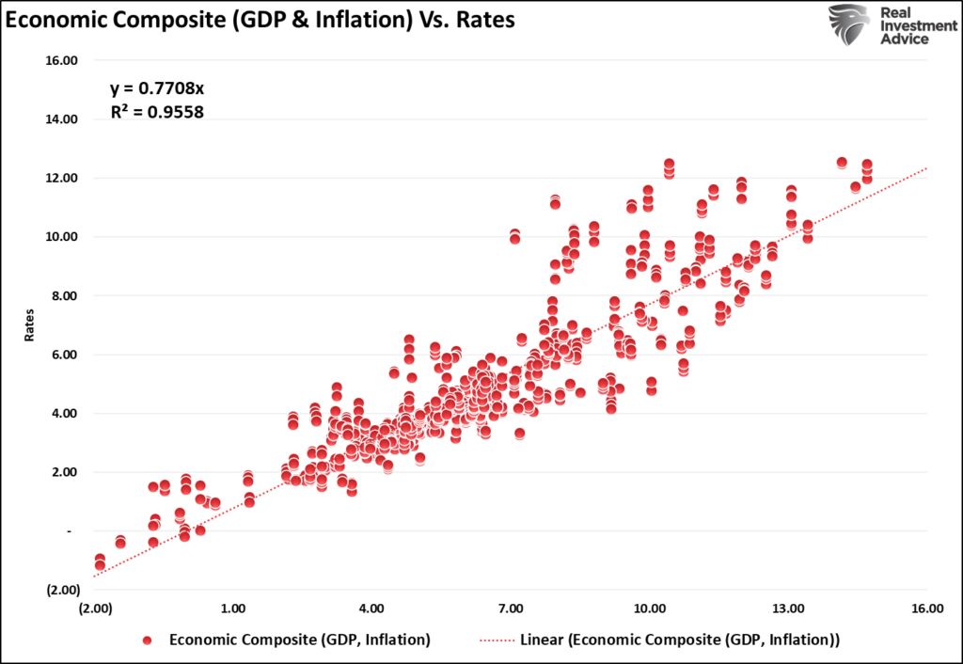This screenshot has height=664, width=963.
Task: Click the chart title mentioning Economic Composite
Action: click(x=260, y=21)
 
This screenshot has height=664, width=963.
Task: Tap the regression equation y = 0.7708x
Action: click(x=156, y=88)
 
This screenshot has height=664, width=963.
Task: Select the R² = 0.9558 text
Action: click(x=157, y=111)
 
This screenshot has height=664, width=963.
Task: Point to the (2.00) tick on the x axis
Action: click(x=96, y=609)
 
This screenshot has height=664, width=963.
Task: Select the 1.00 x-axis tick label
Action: click(x=233, y=609)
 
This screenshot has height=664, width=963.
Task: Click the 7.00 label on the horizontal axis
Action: click(x=511, y=609)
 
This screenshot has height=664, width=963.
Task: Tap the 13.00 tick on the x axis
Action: click(x=788, y=609)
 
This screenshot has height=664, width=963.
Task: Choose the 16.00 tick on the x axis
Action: click(x=926, y=609)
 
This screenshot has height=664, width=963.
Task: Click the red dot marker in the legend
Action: click(x=147, y=640)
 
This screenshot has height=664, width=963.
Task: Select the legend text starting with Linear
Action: click(x=679, y=640)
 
